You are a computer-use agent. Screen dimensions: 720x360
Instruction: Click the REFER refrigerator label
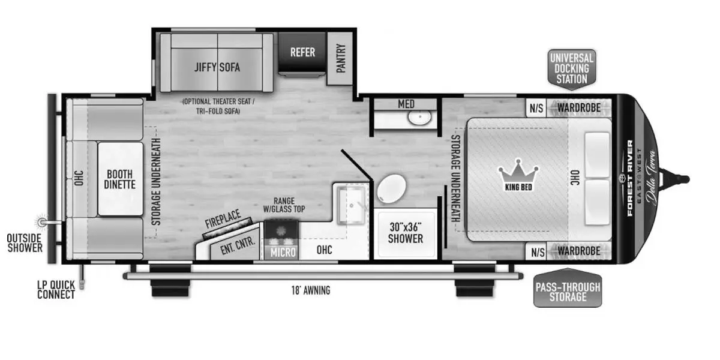[302, 52]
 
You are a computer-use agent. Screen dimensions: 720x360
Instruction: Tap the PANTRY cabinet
[340, 59]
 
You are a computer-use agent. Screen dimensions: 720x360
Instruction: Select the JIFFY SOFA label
[217, 67]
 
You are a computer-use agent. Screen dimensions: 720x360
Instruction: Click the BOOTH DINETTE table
[120, 179]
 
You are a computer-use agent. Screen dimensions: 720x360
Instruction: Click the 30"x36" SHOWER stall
[406, 233]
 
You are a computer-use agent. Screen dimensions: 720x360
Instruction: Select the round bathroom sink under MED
[419, 117]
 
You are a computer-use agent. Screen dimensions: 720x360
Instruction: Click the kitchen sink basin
[352, 205]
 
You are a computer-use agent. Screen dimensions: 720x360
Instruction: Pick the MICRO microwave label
[283, 253]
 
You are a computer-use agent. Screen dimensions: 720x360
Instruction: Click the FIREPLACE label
[223, 218]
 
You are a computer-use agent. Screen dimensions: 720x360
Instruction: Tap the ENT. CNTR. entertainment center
[237, 245]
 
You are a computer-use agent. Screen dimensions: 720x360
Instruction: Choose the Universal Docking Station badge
[572, 68]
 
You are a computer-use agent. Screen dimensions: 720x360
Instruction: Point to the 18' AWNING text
[311, 290]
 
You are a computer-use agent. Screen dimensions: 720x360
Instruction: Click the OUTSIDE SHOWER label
[25, 243]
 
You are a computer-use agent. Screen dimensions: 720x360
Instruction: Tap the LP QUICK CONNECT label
[56, 290]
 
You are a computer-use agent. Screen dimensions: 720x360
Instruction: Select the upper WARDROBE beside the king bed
[578, 108]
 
